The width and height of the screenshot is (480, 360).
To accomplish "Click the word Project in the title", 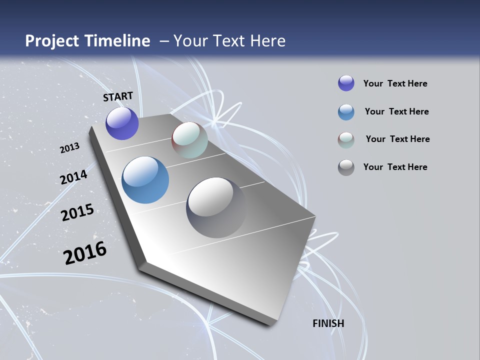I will tap(52, 41).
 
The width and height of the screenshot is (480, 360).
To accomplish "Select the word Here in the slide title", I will tap(268, 41).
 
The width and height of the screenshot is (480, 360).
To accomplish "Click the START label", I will tap(118, 96).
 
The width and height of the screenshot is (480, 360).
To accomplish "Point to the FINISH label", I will tap(328, 323).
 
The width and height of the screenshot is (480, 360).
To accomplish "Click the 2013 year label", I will tap(69, 148).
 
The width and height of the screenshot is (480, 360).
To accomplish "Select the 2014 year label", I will tap(73, 177).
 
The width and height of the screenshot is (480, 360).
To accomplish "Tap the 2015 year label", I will tap(77, 212).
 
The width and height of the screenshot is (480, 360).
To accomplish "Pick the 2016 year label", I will tap(85, 253).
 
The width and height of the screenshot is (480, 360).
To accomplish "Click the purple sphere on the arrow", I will tap(122, 123).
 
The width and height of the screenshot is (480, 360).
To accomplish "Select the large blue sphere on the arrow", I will tap(145, 180).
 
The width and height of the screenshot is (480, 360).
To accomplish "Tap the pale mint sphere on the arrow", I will tap(189, 140).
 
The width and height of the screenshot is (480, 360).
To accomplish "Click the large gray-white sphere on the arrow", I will tap(216, 207).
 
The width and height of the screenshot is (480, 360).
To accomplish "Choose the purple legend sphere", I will tap(346, 83).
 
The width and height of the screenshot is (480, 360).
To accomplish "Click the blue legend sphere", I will tap(346, 112).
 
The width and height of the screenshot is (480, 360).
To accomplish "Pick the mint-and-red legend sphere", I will tap(346, 140).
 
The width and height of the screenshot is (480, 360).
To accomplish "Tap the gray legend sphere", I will tap(346, 167).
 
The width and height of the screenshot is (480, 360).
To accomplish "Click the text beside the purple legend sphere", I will tap(395, 83).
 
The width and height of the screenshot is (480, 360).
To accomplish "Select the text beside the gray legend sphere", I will tap(395, 167).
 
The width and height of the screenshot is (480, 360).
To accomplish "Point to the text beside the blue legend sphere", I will tap(396, 111).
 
